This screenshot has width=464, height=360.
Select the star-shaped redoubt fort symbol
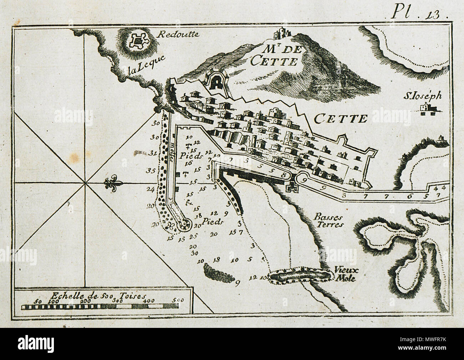pyautogui.click(x=137, y=41)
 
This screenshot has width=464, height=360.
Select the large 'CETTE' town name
pyautogui.click(x=341, y=118)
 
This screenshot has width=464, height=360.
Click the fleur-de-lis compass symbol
pyautogui.click(x=114, y=184)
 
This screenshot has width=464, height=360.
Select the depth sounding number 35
pyautogui.click(x=151, y=171)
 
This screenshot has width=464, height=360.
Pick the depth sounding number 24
pyautogui.click(x=151, y=189)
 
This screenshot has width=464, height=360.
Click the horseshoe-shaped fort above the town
pyautogui.click(x=216, y=82)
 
